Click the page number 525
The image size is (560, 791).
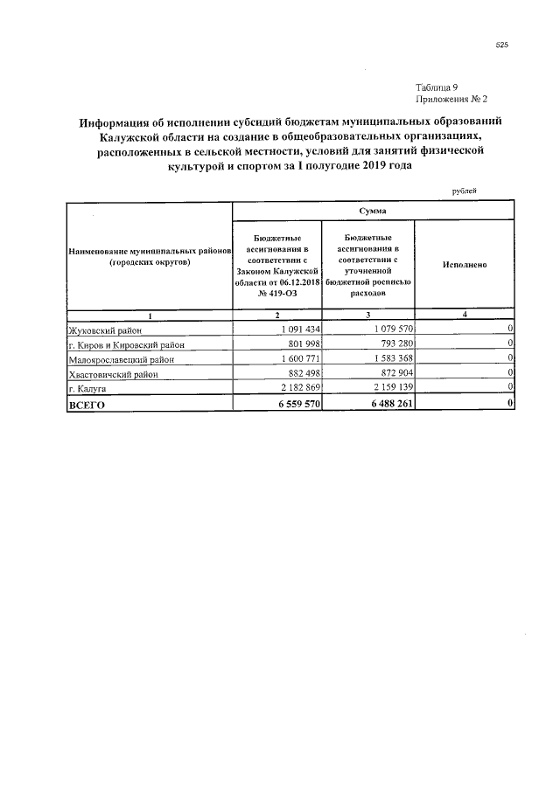tap(502, 45)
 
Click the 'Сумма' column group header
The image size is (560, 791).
tap(373, 211)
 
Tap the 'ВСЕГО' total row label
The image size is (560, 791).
tap(87, 404)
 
